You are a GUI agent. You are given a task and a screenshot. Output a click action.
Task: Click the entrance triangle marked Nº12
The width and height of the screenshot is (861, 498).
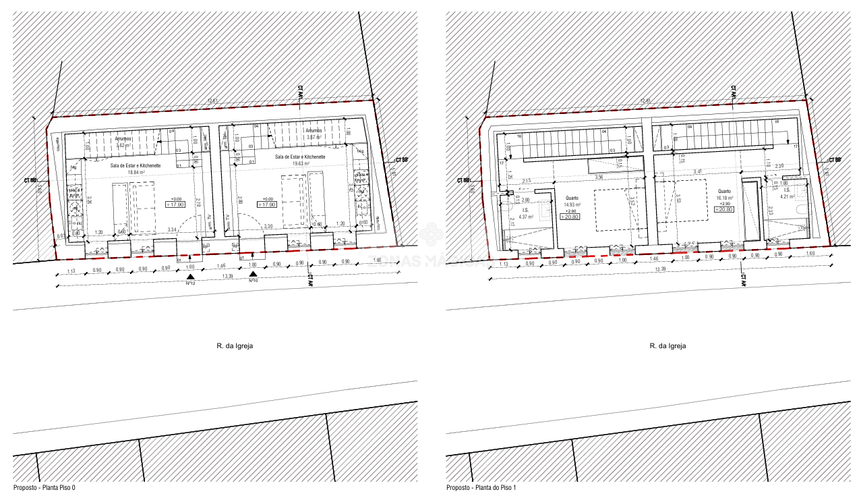tap(191, 276)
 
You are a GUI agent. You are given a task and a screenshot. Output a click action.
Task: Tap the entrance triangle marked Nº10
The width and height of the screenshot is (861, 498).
tap(253, 274)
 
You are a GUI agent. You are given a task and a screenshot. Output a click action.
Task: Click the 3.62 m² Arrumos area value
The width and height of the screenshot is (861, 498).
tap(124, 145)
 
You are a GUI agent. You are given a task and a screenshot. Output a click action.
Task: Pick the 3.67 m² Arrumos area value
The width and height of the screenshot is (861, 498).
tap(316, 137)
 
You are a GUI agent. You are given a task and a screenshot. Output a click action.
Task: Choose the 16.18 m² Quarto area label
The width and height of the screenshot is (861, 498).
tap(725, 197)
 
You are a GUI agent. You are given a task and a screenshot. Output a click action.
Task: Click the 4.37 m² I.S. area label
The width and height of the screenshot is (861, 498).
tap(526, 217)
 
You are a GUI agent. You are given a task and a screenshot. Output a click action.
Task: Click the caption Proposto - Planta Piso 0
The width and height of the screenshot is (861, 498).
tap(44, 487)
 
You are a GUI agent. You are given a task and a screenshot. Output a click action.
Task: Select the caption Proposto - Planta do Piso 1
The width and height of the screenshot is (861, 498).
tap(481, 487)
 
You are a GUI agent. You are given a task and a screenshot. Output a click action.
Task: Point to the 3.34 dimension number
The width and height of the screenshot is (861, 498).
tap(172, 230)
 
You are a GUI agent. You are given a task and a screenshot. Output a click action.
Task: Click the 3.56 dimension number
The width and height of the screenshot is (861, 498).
tap(599, 177)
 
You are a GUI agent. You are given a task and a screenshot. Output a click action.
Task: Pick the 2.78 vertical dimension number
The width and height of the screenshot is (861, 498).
tap(198, 201)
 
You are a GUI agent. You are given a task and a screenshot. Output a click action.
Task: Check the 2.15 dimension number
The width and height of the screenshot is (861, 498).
tap(527, 180)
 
